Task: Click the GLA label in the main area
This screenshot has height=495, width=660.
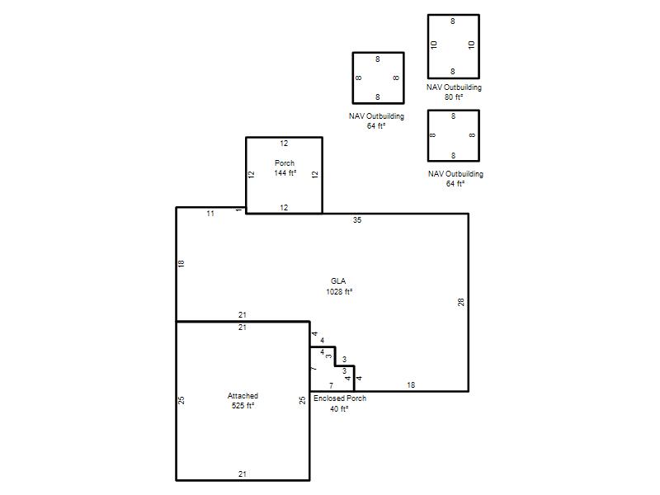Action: coord(338,281)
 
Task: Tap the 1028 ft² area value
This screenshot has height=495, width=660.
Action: coord(339,292)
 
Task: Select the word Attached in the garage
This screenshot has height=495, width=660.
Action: coord(243,396)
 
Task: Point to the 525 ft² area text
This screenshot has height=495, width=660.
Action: coord(243,405)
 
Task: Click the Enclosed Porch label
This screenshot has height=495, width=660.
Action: coord(340,398)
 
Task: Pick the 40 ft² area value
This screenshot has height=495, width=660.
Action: coord(339,408)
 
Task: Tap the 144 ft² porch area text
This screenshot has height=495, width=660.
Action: coord(285,173)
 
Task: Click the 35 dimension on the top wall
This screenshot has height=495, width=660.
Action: coord(357,220)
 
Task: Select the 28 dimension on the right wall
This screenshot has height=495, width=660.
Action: coord(461,302)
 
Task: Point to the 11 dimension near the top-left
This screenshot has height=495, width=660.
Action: coord(210,214)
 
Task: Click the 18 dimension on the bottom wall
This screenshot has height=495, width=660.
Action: coord(411,385)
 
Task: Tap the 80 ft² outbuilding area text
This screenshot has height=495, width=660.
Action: coord(454,97)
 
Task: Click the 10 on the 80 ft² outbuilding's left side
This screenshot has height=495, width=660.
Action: coord(435,45)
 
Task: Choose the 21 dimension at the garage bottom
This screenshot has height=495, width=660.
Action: coord(243,474)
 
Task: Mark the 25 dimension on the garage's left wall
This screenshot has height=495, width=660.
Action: coord(181,400)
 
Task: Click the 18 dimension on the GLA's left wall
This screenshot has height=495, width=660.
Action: coord(181,264)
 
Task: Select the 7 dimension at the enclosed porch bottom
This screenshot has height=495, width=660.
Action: coord(332,385)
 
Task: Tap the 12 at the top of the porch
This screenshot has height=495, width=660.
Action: coord(284,144)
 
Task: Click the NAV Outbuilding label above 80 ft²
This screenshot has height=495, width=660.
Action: coord(454,87)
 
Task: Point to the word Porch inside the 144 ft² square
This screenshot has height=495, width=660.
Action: coord(285,163)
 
